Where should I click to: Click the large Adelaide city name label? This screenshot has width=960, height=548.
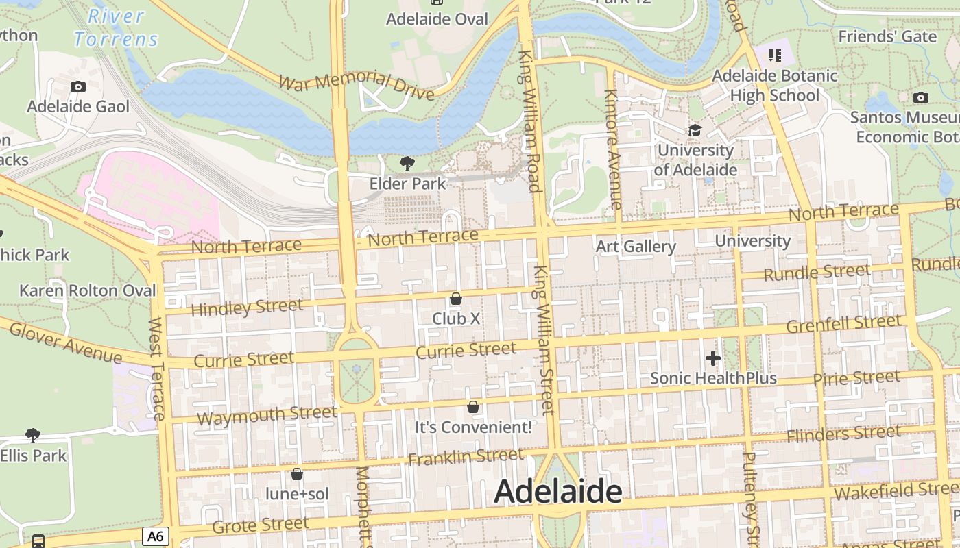557,491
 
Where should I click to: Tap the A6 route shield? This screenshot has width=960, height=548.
156,536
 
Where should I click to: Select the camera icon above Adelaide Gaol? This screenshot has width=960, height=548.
78,86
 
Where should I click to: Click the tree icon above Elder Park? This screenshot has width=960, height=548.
407,163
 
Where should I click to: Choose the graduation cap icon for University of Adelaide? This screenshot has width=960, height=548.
695,130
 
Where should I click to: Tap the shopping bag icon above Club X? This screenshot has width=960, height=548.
456,299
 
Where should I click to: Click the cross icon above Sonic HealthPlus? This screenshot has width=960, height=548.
712,358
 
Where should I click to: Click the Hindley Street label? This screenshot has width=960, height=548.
246,308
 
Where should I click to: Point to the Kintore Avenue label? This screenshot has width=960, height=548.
612,149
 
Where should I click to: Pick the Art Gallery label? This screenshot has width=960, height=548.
636,247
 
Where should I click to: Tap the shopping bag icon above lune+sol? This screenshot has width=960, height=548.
297,474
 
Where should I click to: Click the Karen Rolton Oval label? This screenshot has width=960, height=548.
88,290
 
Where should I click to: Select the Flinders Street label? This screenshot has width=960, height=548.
843,434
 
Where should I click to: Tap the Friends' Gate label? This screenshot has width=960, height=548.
887,36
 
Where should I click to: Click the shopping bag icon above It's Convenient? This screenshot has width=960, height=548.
472,407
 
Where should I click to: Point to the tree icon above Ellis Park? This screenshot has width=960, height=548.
32,435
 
